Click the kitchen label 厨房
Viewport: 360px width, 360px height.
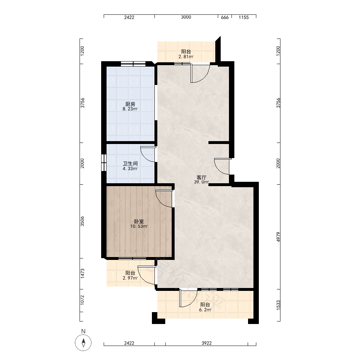pos(130,104)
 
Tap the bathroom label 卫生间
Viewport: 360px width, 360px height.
pos(130,163)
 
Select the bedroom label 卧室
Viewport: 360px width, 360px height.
pos(139,221)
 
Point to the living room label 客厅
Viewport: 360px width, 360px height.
pos(201,177)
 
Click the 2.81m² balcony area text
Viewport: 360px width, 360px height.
pos(186,57)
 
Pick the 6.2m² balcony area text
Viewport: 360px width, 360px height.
pos(205,310)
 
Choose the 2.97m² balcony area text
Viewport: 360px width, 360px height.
pos(130,278)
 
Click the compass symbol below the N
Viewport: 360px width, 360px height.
pos(83,343)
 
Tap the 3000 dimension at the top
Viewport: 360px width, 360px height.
pos(186,17)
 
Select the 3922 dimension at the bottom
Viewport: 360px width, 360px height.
pos(207,343)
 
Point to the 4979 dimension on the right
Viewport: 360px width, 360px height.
pos(278,237)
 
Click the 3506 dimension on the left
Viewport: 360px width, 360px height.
pos(82,221)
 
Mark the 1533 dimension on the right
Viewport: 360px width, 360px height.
pos(278,305)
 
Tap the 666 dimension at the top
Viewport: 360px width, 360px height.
pos(225,17)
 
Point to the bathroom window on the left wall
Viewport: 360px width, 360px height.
pos(104,162)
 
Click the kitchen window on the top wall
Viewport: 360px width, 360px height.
pos(134,64)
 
